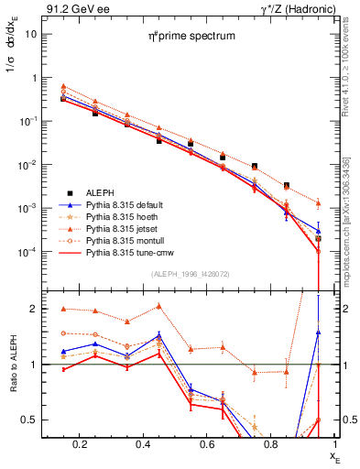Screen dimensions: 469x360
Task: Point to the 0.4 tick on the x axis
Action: pyautogui.click(x=139, y=444)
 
